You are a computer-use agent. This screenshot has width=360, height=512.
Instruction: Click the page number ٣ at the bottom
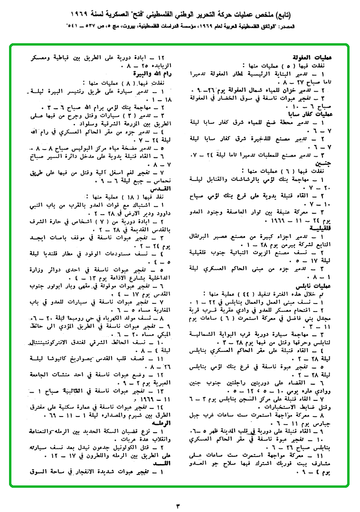pyautogui.click(x=179, y=503)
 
